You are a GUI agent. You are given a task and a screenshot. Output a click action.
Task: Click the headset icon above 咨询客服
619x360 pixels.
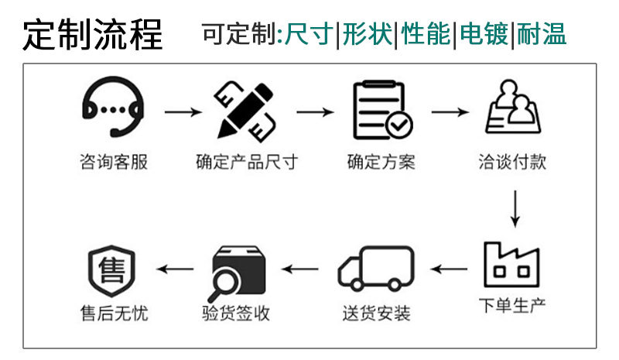point(113,110)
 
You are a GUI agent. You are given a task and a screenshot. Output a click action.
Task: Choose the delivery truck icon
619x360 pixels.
point(376,268)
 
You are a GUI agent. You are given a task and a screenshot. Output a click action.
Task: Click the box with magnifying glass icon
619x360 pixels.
point(240,269)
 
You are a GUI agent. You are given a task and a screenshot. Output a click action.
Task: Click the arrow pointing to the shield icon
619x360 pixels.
point(176,269)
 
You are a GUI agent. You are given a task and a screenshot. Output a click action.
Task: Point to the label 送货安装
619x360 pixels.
point(376,314)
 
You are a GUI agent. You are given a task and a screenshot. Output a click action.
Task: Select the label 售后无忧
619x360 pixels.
point(114,314)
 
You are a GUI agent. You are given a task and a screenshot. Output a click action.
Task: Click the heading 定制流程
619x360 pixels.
point(93,35)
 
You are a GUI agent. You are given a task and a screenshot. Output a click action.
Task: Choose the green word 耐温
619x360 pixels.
point(542,34)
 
